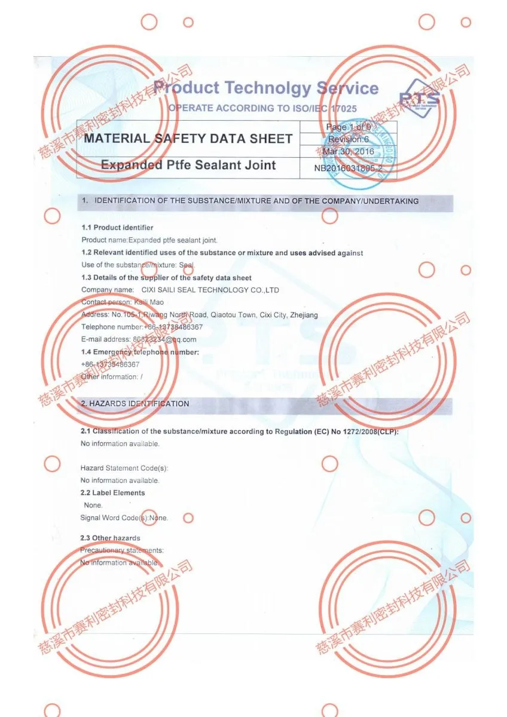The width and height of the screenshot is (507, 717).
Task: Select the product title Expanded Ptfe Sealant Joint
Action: point(188,166)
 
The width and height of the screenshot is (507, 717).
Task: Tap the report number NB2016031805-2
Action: point(348,168)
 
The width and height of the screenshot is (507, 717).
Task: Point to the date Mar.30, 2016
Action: point(348,151)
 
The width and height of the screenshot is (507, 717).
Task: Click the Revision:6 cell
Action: point(349,139)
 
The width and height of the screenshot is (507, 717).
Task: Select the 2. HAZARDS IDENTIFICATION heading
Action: point(135,404)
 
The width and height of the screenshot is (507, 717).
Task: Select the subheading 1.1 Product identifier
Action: point(117,228)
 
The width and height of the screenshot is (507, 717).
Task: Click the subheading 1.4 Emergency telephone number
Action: point(140,353)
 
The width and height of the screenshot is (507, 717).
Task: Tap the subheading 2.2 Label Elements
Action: point(112,493)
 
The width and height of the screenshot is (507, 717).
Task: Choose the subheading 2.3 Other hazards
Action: point(111,538)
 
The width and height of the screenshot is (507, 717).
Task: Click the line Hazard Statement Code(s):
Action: point(124,468)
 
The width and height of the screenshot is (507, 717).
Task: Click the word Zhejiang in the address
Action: point(304,315)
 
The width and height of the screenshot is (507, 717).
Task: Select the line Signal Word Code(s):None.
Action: point(124,518)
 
